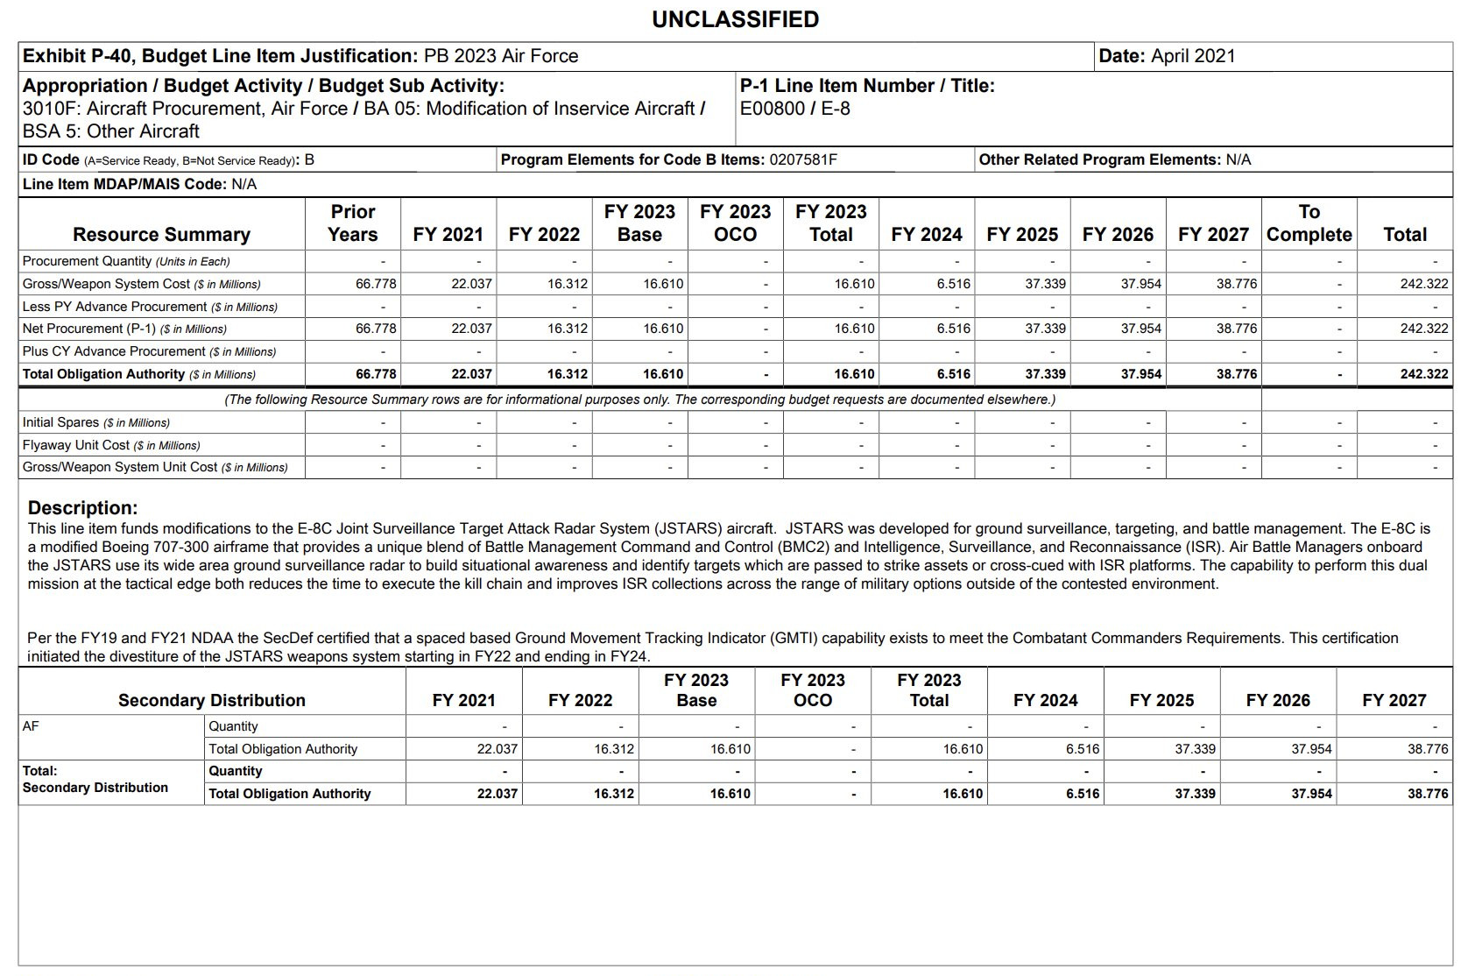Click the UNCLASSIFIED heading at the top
(x=735, y=19)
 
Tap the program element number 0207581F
(x=803, y=159)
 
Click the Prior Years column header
(x=353, y=223)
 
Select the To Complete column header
(x=1309, y=223)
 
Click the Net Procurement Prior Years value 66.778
(x=376, y=329)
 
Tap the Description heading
(x=82, y=508)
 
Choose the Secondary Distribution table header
(x=212, y=700)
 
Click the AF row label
(x=31, y=726)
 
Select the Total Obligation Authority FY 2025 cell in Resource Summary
(x=1045, y=374)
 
